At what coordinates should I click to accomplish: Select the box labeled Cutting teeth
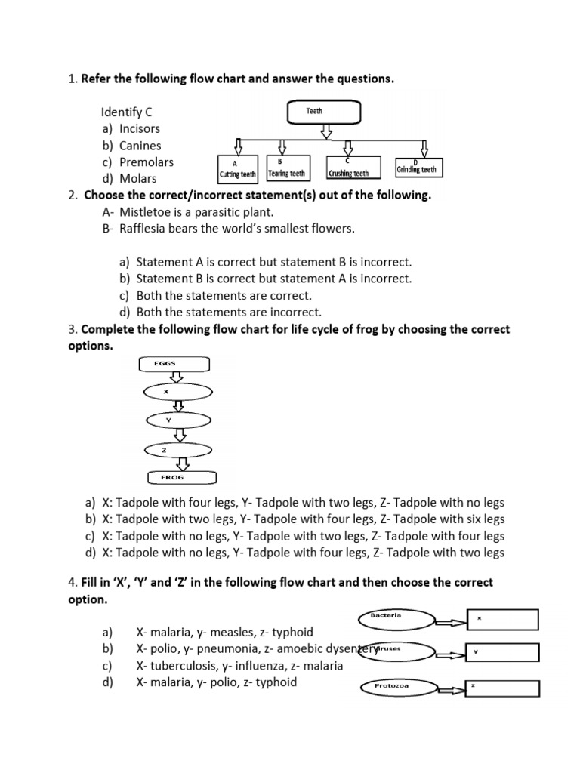tap(239, 169)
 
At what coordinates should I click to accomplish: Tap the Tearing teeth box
tap(285, 168)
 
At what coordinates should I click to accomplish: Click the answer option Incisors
tap(140, 128)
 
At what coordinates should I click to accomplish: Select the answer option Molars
tap(138, 178)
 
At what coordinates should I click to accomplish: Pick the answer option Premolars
tap(147, 162)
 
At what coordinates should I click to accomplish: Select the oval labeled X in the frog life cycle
tap(165, 392)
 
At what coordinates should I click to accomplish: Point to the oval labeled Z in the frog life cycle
tap(164, 451)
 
